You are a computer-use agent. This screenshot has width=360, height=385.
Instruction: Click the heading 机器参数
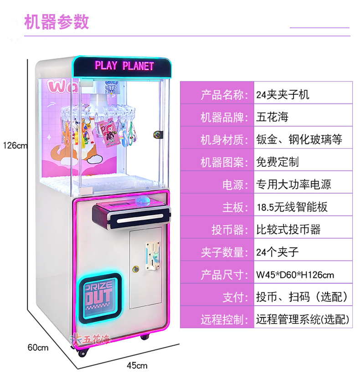[57, 22]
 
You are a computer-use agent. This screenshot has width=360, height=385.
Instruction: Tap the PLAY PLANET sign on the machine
[124, 66]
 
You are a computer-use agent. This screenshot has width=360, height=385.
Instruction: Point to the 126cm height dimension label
[15, 146]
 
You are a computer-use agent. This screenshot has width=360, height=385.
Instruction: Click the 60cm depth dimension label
[38, 348]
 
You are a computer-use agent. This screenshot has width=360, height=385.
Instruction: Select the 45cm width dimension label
[137, 365]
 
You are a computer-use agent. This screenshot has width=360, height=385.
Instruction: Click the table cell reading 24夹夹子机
[283, 94]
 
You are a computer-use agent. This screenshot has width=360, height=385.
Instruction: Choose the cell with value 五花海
[272, 117]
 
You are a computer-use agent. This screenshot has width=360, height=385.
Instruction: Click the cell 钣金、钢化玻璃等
[299, 139]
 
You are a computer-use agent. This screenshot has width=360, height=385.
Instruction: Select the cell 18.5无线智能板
[292, 207]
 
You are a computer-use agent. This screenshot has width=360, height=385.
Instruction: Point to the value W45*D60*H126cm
[295, 275]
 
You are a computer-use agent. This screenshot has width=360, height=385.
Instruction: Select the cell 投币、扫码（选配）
[302, 297]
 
